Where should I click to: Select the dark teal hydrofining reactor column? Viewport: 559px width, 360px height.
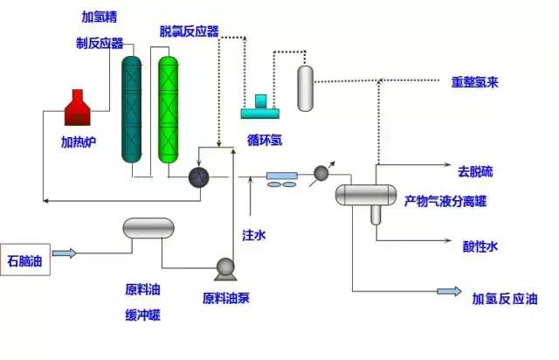pos(132,108)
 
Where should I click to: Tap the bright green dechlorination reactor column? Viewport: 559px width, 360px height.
pos(168,108)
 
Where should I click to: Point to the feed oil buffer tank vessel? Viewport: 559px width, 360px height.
pos(149,229)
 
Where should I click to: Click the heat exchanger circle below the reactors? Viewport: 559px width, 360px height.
pos(200,177)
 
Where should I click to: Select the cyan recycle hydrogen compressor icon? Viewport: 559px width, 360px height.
pos(260,107)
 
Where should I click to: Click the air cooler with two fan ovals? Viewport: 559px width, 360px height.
pos(281,179)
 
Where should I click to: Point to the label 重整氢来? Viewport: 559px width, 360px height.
pos(480,83)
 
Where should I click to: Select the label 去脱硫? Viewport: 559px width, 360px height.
pos(475,170)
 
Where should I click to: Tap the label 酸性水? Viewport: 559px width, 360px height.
pos(480,246)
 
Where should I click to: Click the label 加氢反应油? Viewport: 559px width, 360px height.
pos(505,298)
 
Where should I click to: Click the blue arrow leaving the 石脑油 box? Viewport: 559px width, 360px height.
pos(65,253)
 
